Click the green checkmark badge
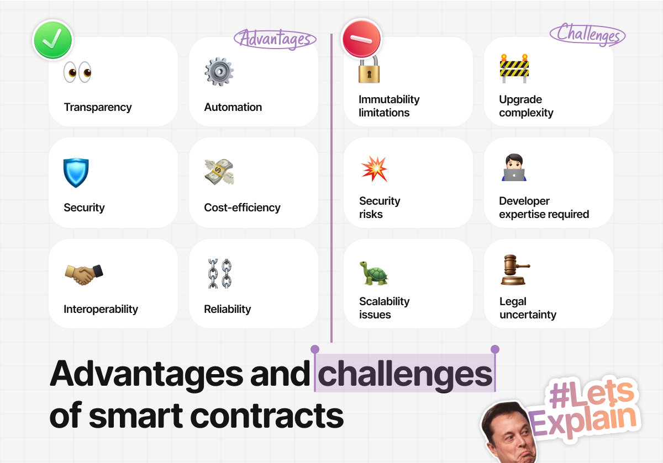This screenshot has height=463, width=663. click(x=52, y=40)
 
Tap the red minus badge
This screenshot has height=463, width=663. click(x=361, y=39)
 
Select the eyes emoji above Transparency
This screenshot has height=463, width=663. click(x=77, y=72)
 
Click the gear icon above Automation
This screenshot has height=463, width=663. click(x=219, y=72)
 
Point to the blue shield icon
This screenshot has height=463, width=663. click(x=76, y=173)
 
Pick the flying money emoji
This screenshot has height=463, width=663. click(x=219, y=172)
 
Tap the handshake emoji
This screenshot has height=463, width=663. click(x=84, y=275)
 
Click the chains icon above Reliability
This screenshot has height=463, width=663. click(x=220, y=274)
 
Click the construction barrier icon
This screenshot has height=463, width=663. click(x=514, y=68)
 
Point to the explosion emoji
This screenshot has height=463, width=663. click(x=374, y=168)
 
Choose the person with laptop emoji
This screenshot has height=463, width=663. click(x=514, y=167)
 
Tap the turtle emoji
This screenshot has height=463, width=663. click(x=374, y=273)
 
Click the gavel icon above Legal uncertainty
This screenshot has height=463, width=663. click(x=515, y=270)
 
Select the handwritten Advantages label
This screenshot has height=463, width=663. click(x=275, y=39)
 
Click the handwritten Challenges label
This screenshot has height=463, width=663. click(x=588, y=35)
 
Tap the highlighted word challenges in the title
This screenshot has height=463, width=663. click(x=405, y=374)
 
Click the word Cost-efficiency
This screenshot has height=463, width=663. click(x=242, y=207)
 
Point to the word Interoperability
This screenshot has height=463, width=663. click(x=101, y=309)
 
